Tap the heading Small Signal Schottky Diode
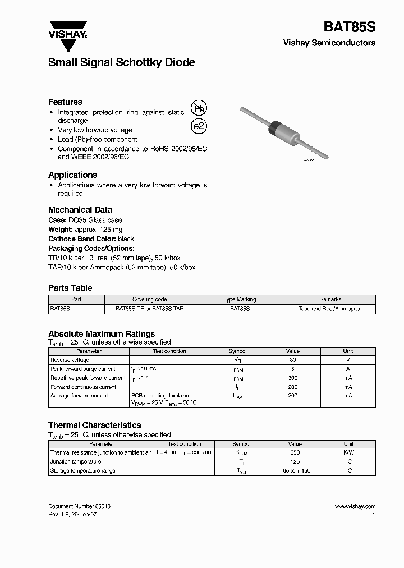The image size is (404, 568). (x=121, y=63)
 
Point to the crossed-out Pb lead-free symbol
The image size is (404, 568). (x=199, y=109)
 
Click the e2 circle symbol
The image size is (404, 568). (x=199, y=126)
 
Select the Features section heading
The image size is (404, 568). (x=65, y=102)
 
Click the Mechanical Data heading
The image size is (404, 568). (x=80, y=210)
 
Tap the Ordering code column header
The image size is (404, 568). (x=149, y=300)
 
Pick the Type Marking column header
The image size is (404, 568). (x=240, y=300)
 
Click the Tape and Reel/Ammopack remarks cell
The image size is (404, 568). (x=330, y=309)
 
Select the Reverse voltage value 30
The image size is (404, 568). (x=292, y=360)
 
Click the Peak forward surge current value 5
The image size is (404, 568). (x=292, y=369)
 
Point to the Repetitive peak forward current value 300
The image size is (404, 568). (x=292, y=378)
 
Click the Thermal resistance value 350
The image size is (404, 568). (x=295, y=452)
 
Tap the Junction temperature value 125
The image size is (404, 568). (x=295, y=461)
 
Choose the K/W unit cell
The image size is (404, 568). (x=348, y=452)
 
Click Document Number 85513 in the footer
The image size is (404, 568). (x=79, y=506)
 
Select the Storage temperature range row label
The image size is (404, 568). (x=82, y=471)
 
